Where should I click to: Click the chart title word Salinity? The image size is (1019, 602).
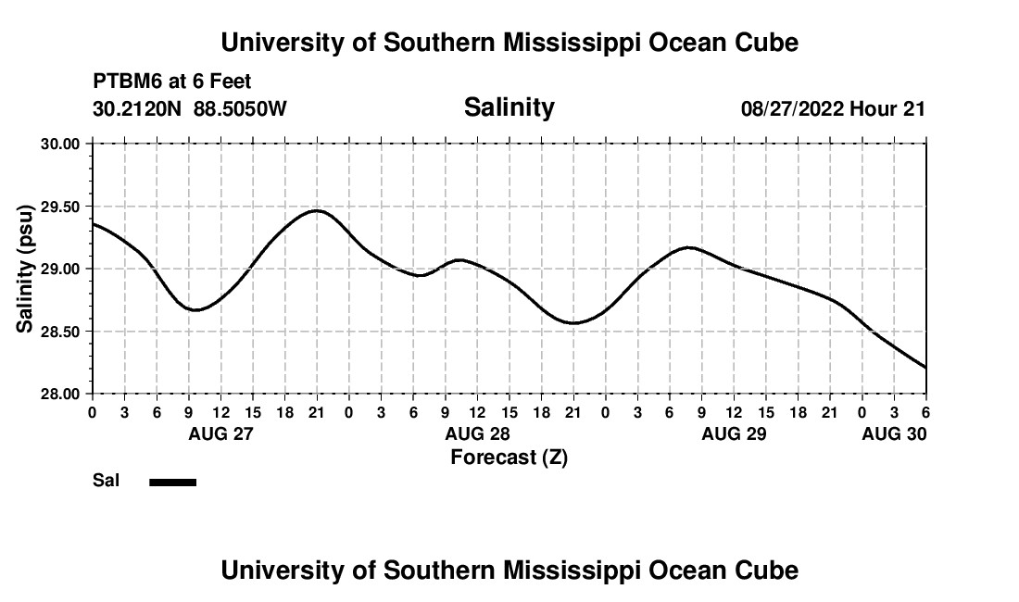tap(509, 107)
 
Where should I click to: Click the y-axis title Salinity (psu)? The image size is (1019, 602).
tap(25, 269)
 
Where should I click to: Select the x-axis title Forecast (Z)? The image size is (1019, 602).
tap(509, 457)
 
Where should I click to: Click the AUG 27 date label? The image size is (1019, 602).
tap(220, 433)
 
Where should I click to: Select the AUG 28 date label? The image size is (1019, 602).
tap(477, 433)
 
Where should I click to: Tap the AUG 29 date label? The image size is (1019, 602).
tap(734, 433)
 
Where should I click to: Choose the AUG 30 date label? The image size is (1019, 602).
tap(894, 433)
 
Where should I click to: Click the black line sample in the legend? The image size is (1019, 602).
tap(172, 482)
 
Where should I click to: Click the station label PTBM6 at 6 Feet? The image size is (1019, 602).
tap(172, 82)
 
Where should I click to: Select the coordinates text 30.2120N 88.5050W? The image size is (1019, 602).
tap(190, 108)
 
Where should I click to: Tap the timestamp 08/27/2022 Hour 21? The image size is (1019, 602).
tap(833, 108)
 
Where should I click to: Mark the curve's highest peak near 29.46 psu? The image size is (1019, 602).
tap(317, 210)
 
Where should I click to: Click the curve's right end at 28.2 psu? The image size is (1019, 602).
tap(925, 368)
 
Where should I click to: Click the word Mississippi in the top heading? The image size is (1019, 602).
tap(567, 43)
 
